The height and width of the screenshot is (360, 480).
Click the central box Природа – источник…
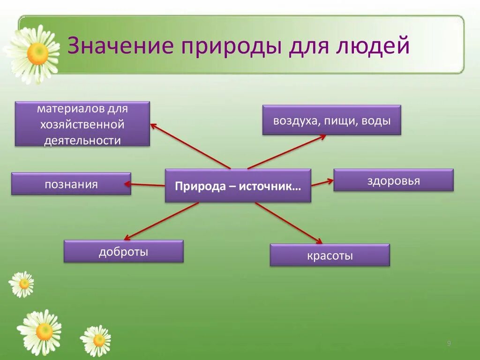pos(238,186)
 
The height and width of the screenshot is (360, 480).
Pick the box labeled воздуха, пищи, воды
pos(331,120)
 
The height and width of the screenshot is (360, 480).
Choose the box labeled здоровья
pos(393,180)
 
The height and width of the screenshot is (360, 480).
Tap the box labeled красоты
pos(330,255)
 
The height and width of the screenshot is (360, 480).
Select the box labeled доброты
pos(123,251)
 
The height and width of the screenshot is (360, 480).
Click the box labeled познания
pos(71,184)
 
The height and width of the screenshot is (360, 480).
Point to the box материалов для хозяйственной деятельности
pos(82,124)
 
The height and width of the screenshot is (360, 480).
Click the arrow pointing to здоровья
pos(322,183)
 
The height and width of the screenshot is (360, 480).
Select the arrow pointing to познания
pos(148,185)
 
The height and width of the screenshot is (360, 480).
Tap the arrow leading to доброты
pos(161,221)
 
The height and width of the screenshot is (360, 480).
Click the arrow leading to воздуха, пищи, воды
pos(286,151)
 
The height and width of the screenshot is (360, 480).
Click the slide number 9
pos(449,344)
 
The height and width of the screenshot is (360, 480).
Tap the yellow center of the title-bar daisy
pos(37,54)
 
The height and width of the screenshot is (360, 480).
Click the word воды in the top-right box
pos(378,120)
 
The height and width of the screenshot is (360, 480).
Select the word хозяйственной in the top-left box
pos(82,125)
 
